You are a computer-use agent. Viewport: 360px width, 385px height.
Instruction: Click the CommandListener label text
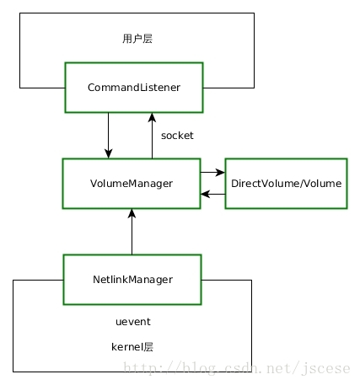coord(134,88)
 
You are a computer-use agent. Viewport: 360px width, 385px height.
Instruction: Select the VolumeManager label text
coord(132,184)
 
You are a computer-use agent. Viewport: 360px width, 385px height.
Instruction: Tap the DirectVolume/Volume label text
coord(286,184)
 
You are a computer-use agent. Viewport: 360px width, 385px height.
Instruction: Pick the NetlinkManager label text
coord(132,280)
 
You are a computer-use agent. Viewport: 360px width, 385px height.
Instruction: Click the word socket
coord(177,136)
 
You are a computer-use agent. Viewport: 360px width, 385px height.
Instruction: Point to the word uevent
coord(133,322)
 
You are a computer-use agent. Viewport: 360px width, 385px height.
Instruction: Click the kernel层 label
coord(132,347)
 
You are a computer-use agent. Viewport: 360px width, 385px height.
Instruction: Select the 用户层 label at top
coord(137,39)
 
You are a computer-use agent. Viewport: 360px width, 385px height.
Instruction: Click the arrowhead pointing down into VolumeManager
coord(109,153)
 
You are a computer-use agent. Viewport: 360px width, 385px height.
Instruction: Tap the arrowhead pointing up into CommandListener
coord(152,118)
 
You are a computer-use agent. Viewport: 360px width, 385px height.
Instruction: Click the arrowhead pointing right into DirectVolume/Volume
coord(220,173)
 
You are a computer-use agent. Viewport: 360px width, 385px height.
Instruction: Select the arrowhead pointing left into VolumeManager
coord(205,194)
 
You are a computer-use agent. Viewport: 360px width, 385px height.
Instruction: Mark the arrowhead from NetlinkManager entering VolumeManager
coord(132,214)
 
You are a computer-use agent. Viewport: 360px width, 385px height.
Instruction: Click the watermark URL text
coord(237,368)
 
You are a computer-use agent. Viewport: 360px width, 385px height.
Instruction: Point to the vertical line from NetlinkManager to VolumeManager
coord(132,232)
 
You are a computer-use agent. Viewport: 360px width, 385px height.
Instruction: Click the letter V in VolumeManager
coord(94,183)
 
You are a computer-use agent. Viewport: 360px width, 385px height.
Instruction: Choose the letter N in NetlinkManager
coord(96,280)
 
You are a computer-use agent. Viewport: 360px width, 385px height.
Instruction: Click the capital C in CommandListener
coord(91,88)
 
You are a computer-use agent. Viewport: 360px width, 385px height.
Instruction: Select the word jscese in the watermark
coord(326,369)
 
